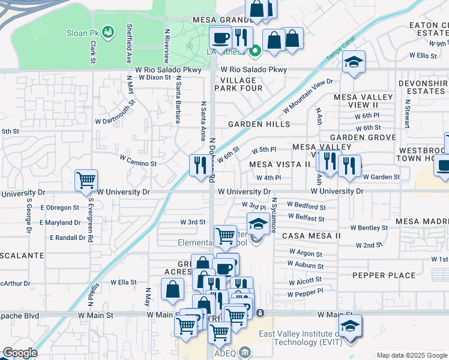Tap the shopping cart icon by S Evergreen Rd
(86, 179)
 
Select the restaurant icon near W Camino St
(199, 164)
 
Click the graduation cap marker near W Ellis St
(354, 62)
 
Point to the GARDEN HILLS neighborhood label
(259, 124)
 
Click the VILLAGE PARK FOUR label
(241, 84)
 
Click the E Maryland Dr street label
(59, 223)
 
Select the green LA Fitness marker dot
(255, 50)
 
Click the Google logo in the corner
(20, 353)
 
